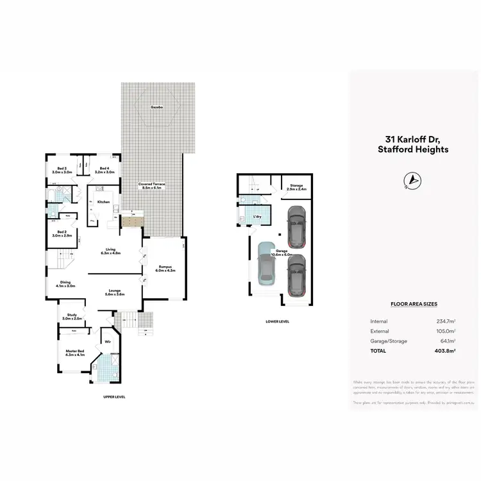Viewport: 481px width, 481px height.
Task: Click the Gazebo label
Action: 156,106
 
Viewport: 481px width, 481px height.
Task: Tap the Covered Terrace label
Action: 152,185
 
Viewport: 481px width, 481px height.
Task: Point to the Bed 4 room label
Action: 104,171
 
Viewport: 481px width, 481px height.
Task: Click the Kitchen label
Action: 104,202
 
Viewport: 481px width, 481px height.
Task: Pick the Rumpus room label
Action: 165,268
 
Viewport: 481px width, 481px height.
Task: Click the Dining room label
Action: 66,285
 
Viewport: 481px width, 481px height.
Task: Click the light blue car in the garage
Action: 266,264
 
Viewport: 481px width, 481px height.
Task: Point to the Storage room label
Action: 296,187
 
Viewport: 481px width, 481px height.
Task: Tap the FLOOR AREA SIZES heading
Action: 413,305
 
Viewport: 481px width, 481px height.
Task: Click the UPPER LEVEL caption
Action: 114,397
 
